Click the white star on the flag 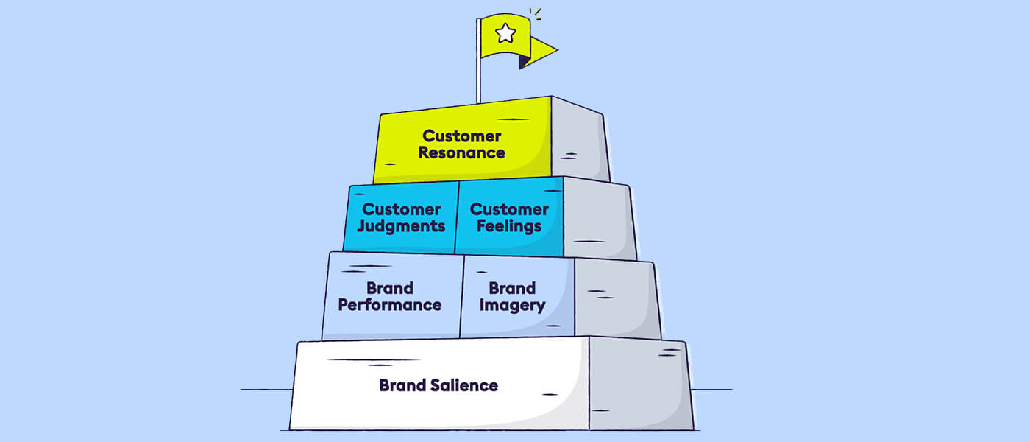pyautogui.click(x=505, y=33)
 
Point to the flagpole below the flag pyautogui.click(x=478, y=81)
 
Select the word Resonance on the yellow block pyautogui.click(x=462, y=153)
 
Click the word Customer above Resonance pyautogui.click(x=461, y=136)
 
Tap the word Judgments pyautogui.click(x=402, y=226)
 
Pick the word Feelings pyautogui.click(x=509, y=226)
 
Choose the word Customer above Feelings pyautogui.click(x=509, y=209)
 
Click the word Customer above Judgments pyautogui.click(x=402, y=209)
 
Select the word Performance pyautogui.click(x=390, y=305)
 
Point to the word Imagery pyautogui.click(x=512, y=305)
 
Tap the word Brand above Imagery pyautogui.click(x=512, y=288)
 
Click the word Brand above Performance pyautogui.click(x=390, y=288)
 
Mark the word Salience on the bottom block pyautogui.click(x=464, y=385)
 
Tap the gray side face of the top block pyautogui.click(x=580, y=140)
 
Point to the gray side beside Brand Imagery pyautogui.click(x=615, y=298)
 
